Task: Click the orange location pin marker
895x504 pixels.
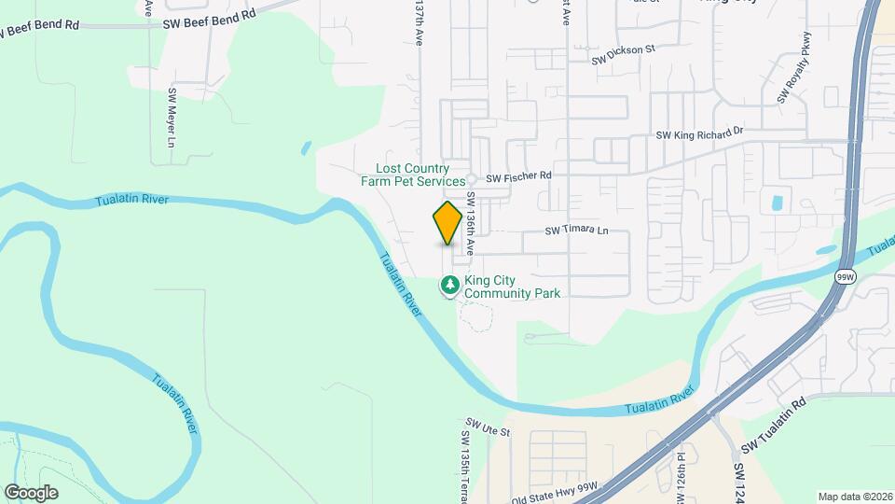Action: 447,223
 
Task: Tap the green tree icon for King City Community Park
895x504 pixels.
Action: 450,284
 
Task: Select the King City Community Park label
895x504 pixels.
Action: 512,287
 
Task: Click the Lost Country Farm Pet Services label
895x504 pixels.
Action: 413,175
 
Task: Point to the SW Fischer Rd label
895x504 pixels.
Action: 519,175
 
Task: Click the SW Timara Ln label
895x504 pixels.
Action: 575,231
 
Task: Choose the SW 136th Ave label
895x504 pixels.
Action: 472,224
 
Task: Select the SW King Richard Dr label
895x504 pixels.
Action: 699,133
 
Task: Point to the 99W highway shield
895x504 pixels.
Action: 846,277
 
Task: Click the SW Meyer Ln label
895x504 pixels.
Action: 172,119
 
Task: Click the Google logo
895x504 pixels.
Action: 31,492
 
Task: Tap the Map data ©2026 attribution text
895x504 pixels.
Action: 854,497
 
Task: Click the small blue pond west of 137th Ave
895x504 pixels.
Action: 305,147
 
